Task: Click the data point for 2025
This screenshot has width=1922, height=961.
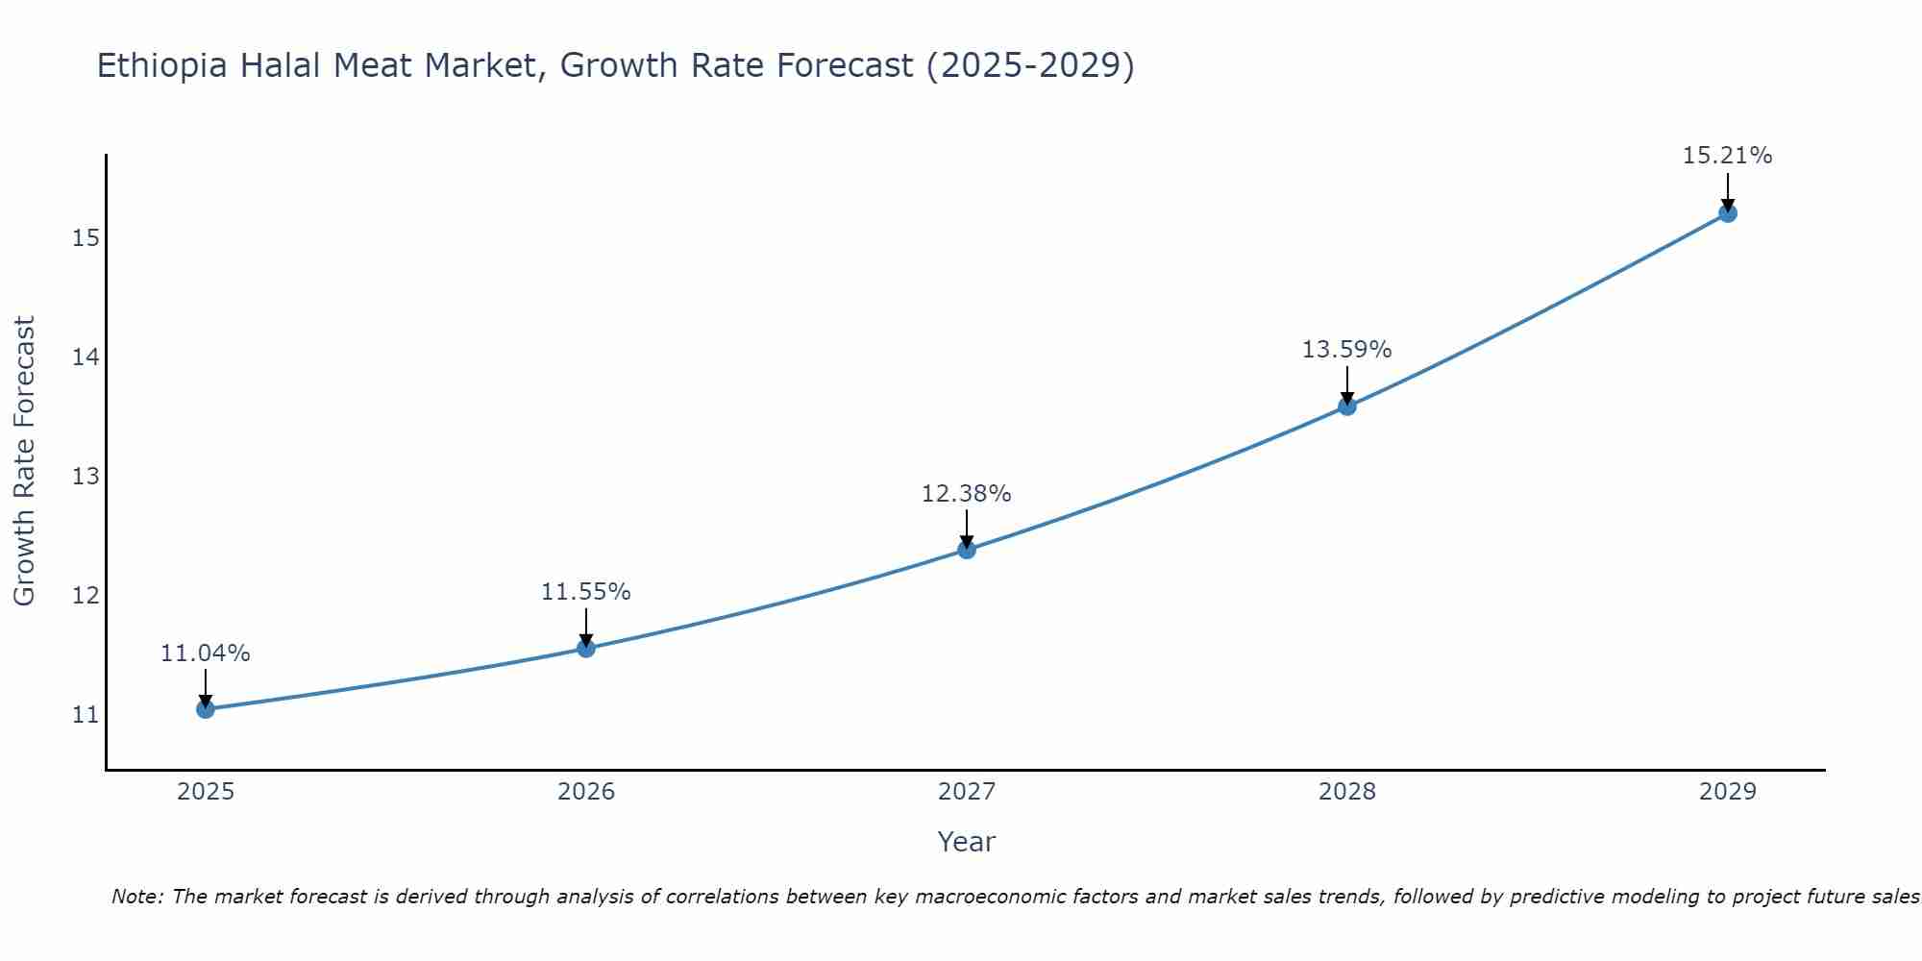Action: (205, 709)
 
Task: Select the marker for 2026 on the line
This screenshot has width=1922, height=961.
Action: (586, 648)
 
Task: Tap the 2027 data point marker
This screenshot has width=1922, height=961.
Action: (967, 550)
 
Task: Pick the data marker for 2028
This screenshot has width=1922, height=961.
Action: (1347, 407)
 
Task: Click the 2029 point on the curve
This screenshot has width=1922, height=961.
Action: (1728, 213)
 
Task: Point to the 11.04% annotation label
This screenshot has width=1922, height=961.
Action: (205, 653)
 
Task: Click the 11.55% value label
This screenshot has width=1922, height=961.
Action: (585, 592)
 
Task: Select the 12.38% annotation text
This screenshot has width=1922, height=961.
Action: (966, 494)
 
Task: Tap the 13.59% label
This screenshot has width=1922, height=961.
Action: (1346, 350)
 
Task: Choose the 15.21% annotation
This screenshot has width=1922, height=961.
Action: (1727, 156)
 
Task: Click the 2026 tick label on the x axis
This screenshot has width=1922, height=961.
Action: (586, 792)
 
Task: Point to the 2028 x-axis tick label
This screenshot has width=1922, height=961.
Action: (1347, 792)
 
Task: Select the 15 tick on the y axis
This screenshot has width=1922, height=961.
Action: (86, 238)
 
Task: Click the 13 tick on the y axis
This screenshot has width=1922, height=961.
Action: (86, 477)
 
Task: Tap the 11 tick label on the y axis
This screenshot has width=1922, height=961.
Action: (86, 715)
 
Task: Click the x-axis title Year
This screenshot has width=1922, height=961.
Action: (966, 842)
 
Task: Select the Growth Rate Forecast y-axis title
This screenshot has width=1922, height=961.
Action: (24, 461)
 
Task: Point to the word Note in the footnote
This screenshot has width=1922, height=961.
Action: (137, 897)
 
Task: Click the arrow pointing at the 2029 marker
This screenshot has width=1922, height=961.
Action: (1728, 190)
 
